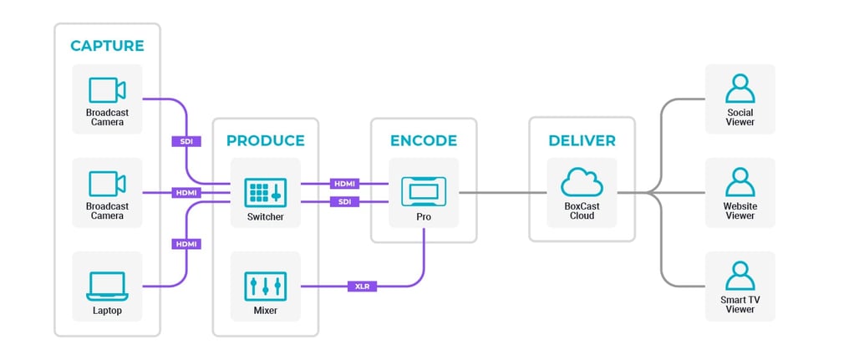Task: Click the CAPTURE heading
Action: [107, 45]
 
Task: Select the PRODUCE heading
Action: [265, 140]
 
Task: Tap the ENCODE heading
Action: [424, 140]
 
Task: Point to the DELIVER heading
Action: [582, 140]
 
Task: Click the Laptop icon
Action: [107, 286]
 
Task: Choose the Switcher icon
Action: [265, 192]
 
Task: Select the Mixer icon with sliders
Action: [265, 286]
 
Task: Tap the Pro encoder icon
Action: [424, 192]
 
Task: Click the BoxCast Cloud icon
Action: [582, 183]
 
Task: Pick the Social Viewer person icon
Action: [740, 89]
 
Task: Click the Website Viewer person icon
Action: [740, 182]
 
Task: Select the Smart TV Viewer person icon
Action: [740, 276]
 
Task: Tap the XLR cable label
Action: [363, 286]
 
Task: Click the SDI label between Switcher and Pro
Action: [345, 202]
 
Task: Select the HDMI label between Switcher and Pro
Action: [345, 183]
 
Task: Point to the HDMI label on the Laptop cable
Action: [186, 244]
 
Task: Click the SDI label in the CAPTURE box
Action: [186, 141]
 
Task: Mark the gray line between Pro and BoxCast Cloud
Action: [494, 193]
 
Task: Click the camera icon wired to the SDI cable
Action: [107, 89]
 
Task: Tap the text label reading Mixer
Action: [265, 311]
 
